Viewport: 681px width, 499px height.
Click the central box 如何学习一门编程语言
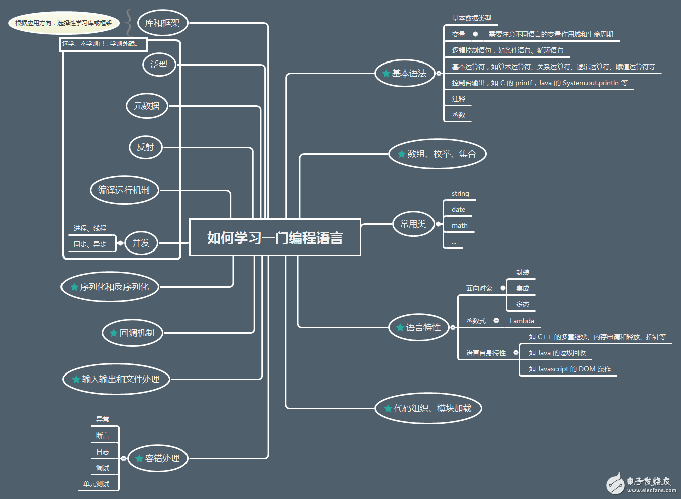pyautogui.click(x=275, y=237)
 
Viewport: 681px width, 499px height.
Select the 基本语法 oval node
pyautogui.click(x=405, y=74)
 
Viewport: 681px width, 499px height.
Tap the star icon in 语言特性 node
pyautogui.click(x=400, y=328)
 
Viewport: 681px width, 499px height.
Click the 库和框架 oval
pyautogui.click(x=162, y=23)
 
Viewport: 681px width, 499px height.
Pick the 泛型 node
pyautogui.click(x=159, y=65)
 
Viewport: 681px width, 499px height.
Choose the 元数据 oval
pyautogui.click(x=146, y=106)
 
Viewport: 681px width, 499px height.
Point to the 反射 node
pyautogui.click(x=145, y=147)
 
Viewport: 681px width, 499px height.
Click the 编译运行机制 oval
pyautogui.click(x=124, y=190)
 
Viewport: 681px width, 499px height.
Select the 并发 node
pyautogui.click(x=141, y=243)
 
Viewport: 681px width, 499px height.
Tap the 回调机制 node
pyautogui.click(x=133, y=333)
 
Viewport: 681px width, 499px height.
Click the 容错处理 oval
pyautogui.click(x=157, y=458)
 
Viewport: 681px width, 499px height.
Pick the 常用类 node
pyautogui.click(x=413, y=224)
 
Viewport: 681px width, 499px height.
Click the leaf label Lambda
pyautogui.click(x=522, y=321)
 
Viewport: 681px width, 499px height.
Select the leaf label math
pyautogui.click(x=459, y=226)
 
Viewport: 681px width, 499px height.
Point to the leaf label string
pyautogui.click(x=460, y=194)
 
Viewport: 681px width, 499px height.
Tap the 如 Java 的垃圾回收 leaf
pyautogui.click(x=557, y=353)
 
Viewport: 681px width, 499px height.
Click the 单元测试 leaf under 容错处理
pyautogui.click(x=96, y=484)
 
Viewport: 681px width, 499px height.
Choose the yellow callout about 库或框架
pyautogui.click(x=64, y=23)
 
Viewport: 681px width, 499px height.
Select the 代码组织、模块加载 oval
pyautogui.click(x=428, y=408)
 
